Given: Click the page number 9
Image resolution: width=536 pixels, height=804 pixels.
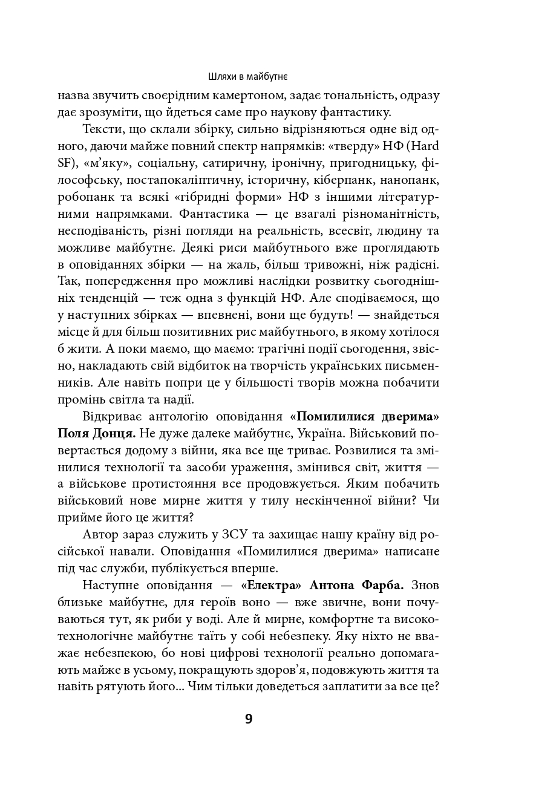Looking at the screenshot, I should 249,719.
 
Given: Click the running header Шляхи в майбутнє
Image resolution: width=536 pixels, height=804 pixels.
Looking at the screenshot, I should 248,77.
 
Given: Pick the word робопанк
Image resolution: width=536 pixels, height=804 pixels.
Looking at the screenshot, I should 84,197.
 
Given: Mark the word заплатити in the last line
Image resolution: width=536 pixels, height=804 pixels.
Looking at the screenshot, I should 357,687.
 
